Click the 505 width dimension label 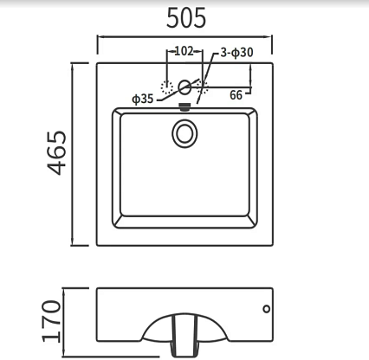tap(186, 18)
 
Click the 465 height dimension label tap(57, 153)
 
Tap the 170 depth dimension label tap(51, 321)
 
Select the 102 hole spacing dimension tap(184, 51)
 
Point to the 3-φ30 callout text tap(236, 53)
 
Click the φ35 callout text tap(143, 99)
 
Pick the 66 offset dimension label tap(236, 95)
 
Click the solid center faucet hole tap(184, 87)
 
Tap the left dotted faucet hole tap(167, 87)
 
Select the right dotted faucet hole tap(203, 87)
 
